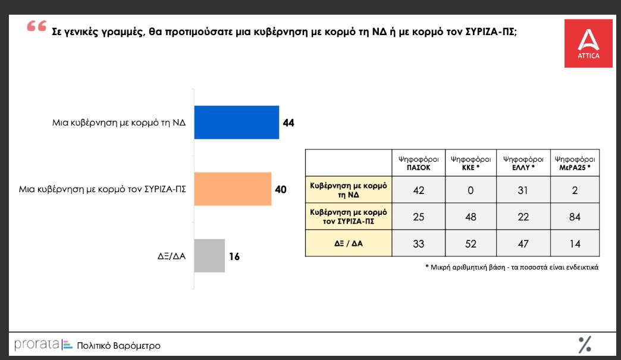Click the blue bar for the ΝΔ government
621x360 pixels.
[237, 123]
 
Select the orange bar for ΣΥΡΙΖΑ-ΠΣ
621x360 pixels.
[233, 189]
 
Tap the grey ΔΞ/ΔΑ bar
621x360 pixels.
[210, 256]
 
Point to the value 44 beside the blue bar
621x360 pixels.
[289, 123]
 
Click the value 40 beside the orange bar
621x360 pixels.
[281, 190]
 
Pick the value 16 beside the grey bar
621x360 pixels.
[234, 256]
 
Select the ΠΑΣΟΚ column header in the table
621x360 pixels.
[418, 163]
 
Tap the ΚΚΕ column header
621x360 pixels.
[471, 163]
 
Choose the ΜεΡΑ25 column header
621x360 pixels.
[575, 163]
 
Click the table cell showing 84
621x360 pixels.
[575, 217]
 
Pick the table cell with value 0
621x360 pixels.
[471, 190]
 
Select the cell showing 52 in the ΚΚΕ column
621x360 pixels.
[471, 243]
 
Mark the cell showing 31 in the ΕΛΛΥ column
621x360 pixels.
[523, 190]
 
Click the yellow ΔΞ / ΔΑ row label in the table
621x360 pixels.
[349, 243]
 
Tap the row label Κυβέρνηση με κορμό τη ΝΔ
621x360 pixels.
[349, 190]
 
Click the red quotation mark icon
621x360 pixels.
[37, 27]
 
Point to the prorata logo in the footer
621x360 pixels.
[37, 345]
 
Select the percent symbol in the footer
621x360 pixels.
[585, 344]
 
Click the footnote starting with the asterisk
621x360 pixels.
[512, 267]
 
